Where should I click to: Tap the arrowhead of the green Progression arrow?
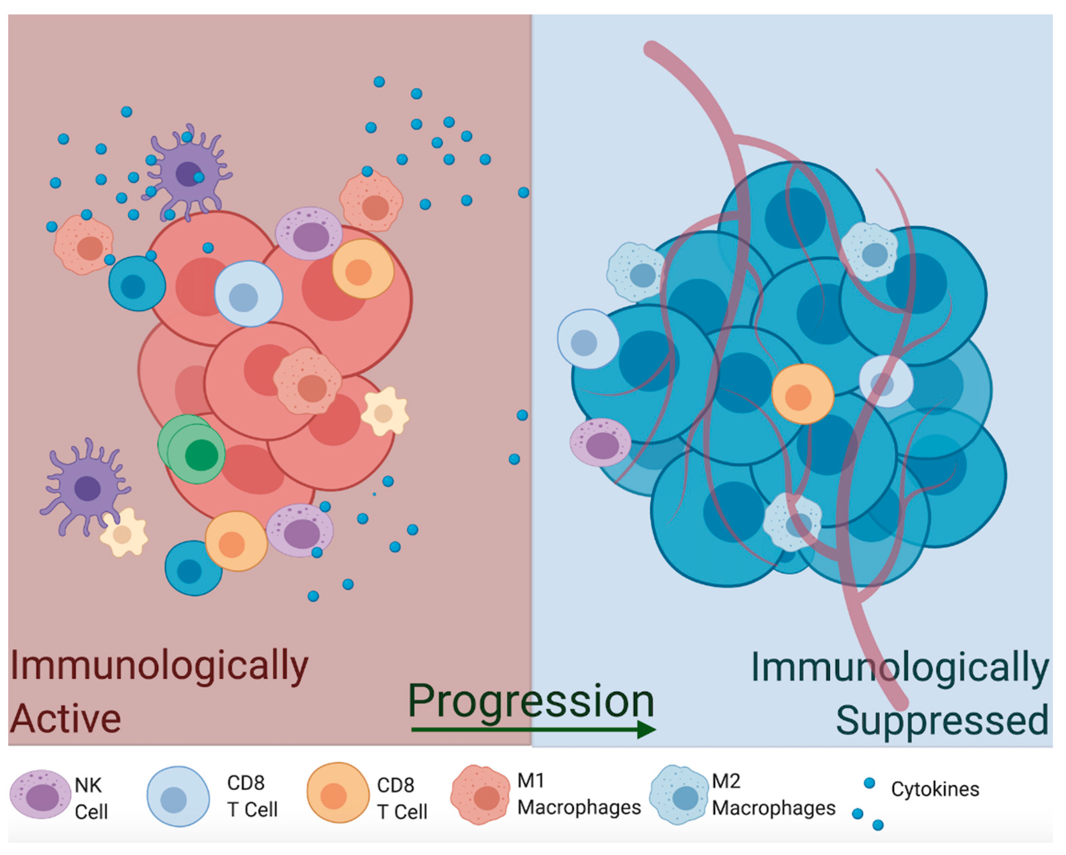tap(646, 730)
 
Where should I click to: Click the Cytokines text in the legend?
tap(934, 789)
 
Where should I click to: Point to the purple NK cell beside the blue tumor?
tap(600, 443)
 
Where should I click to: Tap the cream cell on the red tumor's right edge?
tap(385, 412)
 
